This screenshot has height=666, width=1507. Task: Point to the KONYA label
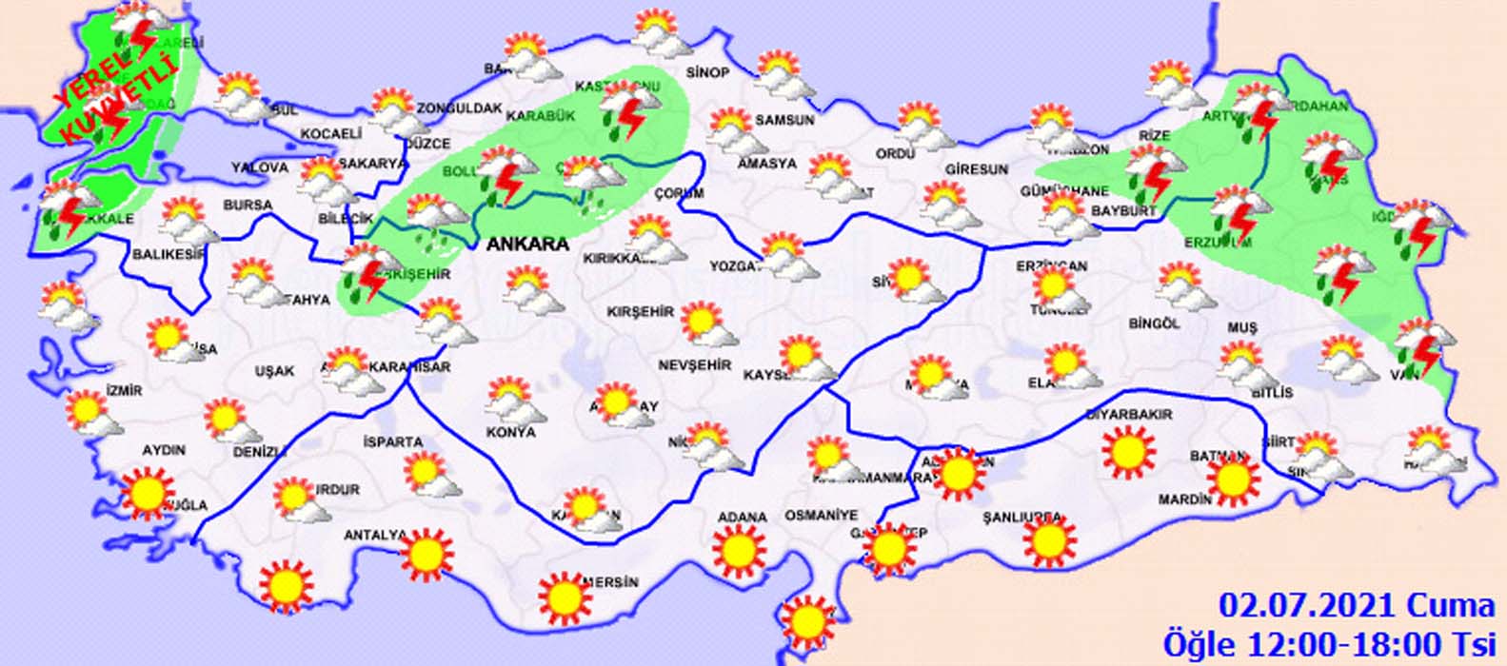tap(510, 432)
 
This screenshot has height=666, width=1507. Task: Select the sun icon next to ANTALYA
tap(426, 555)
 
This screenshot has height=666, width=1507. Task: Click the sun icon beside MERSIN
tap(565, 596)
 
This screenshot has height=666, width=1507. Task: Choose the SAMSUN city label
tap(784, 121)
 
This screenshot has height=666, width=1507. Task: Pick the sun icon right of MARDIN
tap(1233, 479)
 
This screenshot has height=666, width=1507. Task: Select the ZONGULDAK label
tap(459, 108)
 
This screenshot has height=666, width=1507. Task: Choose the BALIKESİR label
tap(169, 254)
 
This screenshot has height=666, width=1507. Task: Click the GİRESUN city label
tap(976, 169)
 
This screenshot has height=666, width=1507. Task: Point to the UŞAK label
tap(274, 371)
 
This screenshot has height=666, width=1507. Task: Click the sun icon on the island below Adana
tap(807, 620)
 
